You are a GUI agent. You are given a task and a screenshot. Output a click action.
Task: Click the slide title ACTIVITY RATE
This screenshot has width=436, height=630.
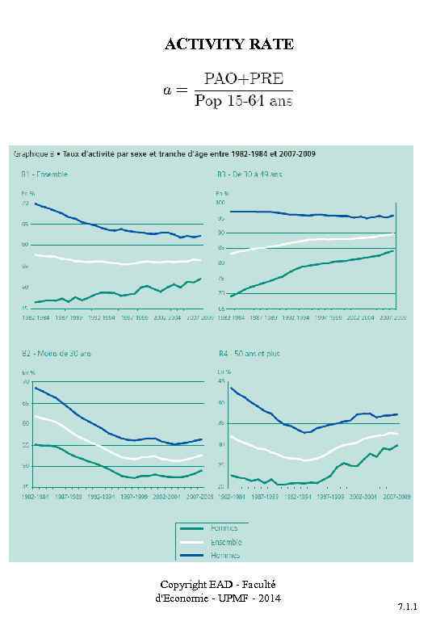click(x=229, y=44)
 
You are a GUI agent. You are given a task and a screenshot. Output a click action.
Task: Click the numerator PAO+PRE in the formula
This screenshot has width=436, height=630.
click(x=244, y=78)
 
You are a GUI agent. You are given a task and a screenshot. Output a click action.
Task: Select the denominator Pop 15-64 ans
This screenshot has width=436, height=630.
click(x=244, y=102)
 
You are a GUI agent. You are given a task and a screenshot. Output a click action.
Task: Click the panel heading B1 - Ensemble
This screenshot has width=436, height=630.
click(x=44, y=174)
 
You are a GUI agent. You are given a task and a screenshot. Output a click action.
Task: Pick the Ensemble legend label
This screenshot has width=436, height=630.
click(x=226, y=542)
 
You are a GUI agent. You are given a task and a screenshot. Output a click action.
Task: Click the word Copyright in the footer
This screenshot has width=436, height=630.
click(x=182, y=584)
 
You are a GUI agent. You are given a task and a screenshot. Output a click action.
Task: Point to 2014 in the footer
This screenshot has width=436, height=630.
click(x=268, y=598)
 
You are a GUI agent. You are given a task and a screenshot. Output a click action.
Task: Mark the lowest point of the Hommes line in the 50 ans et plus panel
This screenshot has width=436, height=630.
click(x=305, y=433)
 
